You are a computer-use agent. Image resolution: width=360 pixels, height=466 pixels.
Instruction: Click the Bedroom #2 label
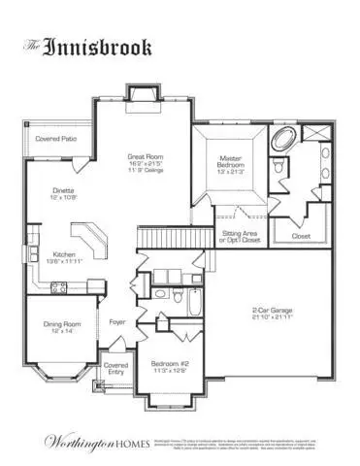169,366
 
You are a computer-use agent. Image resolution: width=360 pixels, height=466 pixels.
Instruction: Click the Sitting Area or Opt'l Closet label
240,236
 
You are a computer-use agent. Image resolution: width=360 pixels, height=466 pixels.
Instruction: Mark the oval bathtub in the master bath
286,139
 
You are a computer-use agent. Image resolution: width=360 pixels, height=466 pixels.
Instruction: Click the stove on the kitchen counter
57,287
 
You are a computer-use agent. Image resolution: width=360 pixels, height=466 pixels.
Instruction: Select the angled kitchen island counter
93,238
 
